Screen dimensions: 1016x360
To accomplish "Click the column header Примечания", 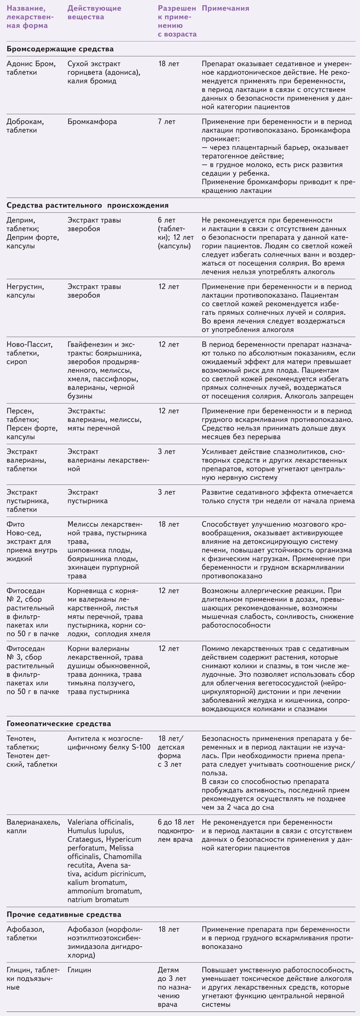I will [225, 8].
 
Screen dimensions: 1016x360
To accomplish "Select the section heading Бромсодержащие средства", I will [60, 49].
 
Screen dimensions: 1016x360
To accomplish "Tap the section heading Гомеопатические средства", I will [59, 724].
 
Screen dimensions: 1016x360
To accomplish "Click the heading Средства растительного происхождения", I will [88, 205].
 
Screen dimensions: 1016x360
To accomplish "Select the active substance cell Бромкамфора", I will [92, 122].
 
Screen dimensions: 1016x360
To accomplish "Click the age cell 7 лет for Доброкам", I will [167, 122].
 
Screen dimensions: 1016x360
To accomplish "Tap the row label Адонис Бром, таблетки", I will [31, 68].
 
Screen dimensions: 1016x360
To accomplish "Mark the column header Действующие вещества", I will [95, 13].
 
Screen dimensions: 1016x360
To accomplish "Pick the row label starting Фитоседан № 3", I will [32, 670].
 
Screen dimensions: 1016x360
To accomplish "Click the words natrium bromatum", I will [98, 899].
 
